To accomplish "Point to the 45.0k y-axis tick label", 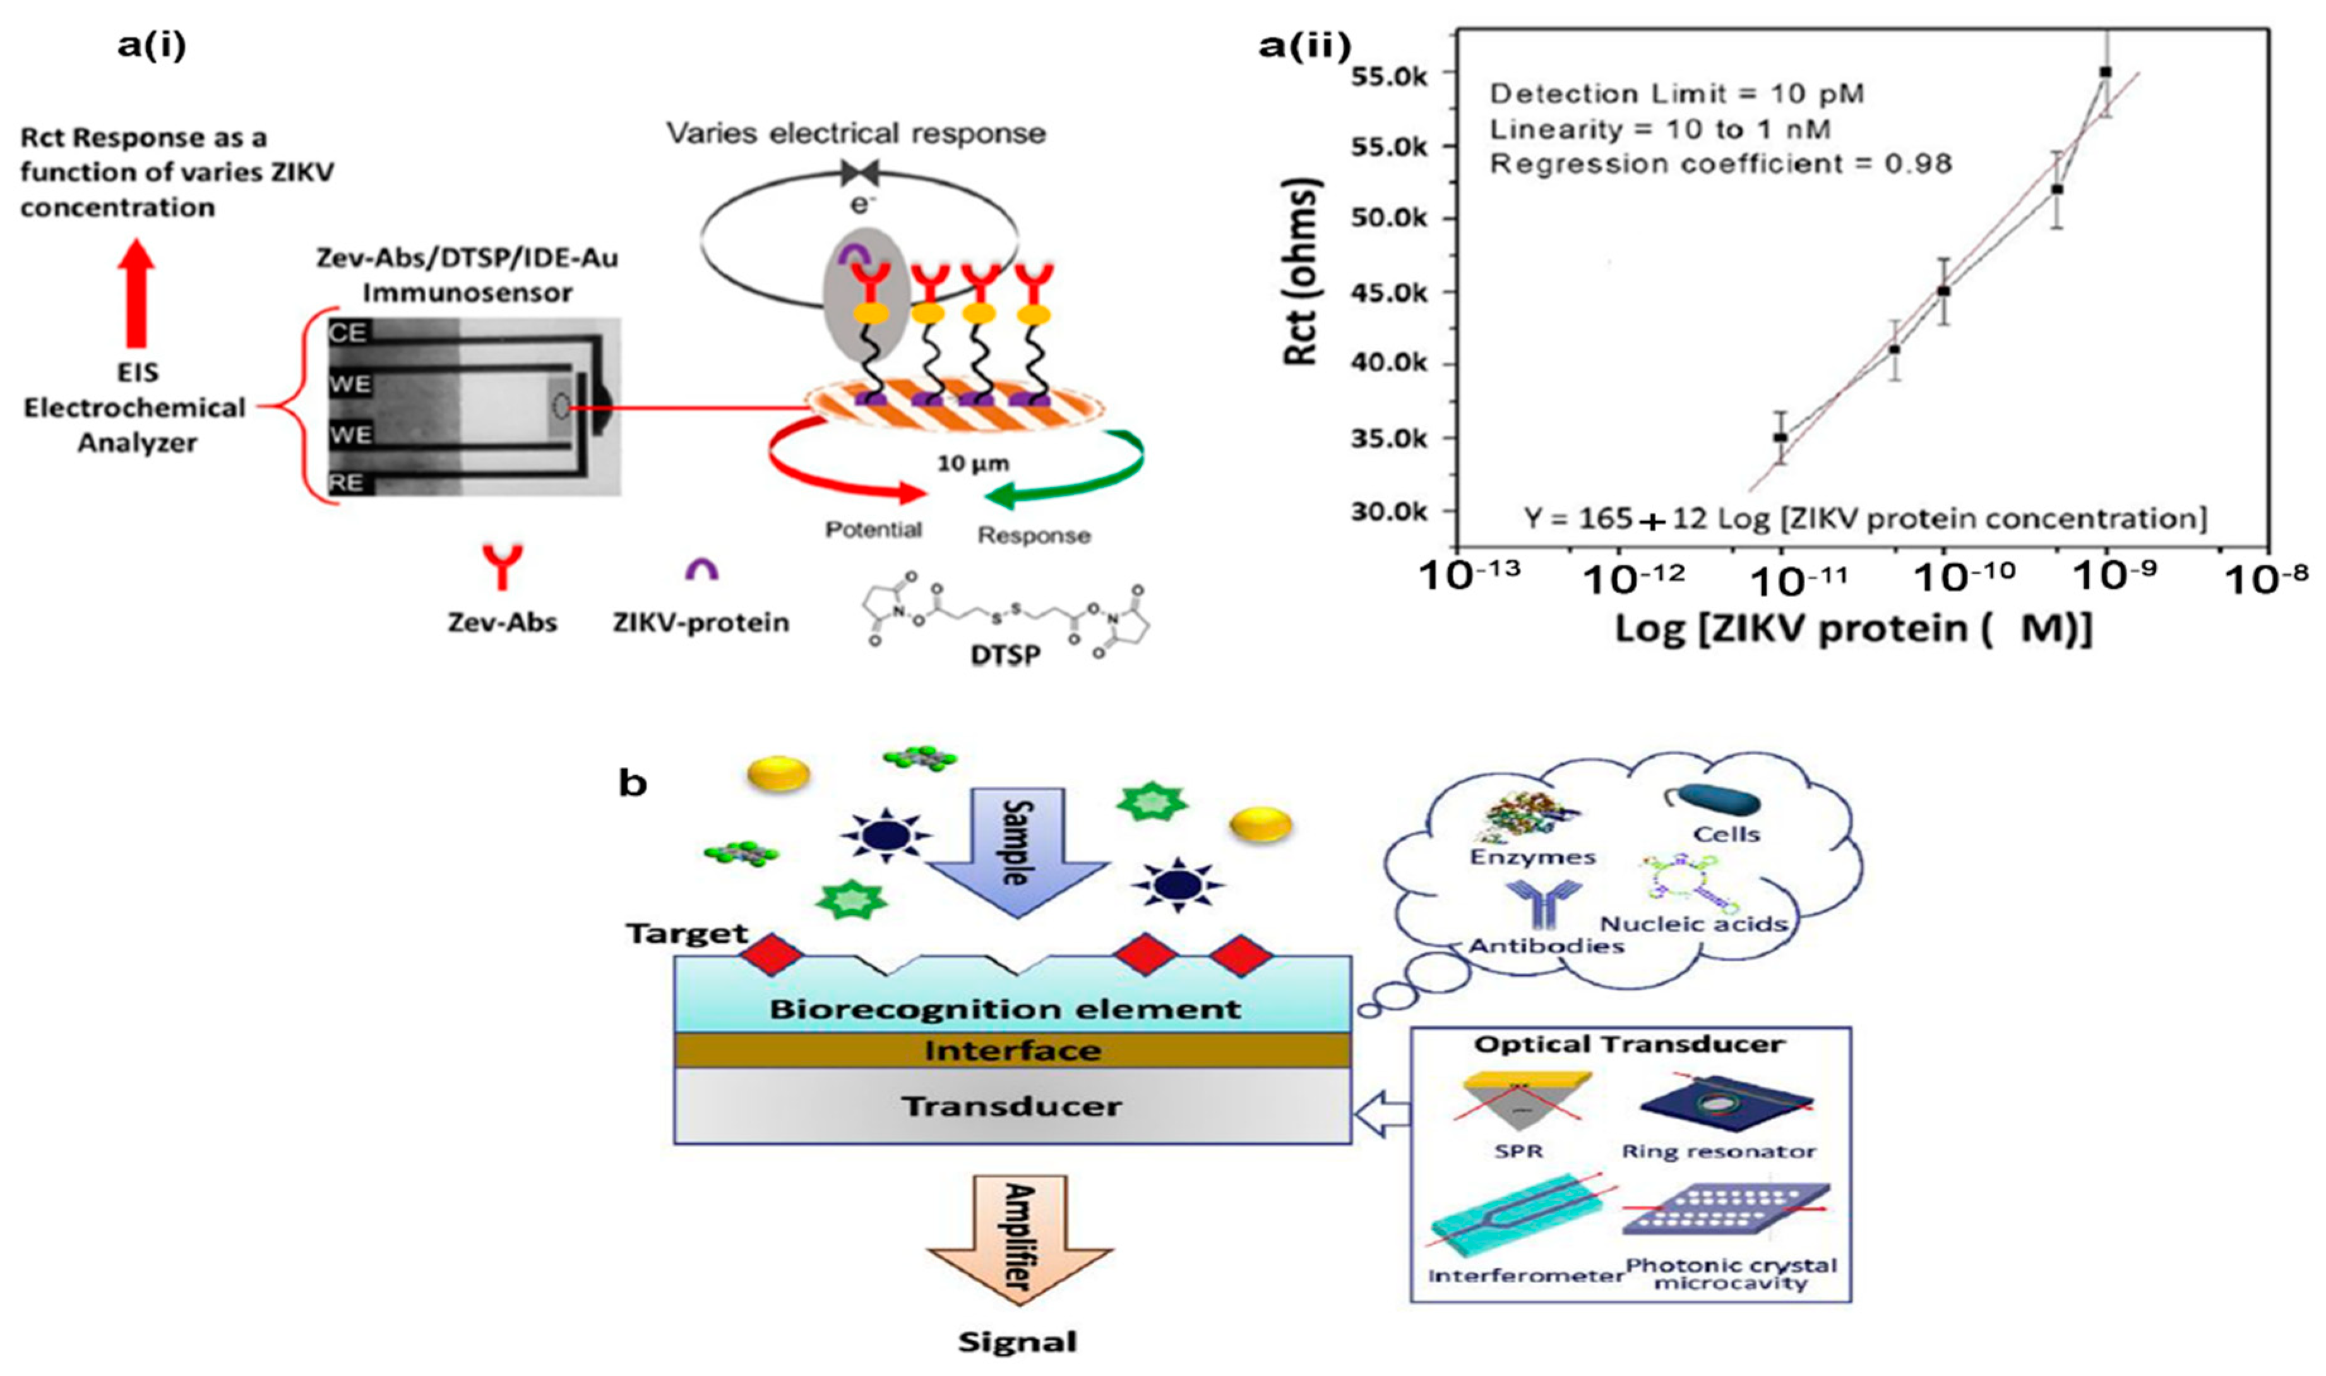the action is click(x=1391, y=292).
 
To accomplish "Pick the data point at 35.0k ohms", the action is click(x=1780, y=437).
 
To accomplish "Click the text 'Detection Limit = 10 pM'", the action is click(x=1676, y=94).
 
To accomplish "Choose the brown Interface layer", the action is click(x=1012, y=1051).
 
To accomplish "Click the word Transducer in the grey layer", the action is click(x=1012, y=1106).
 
